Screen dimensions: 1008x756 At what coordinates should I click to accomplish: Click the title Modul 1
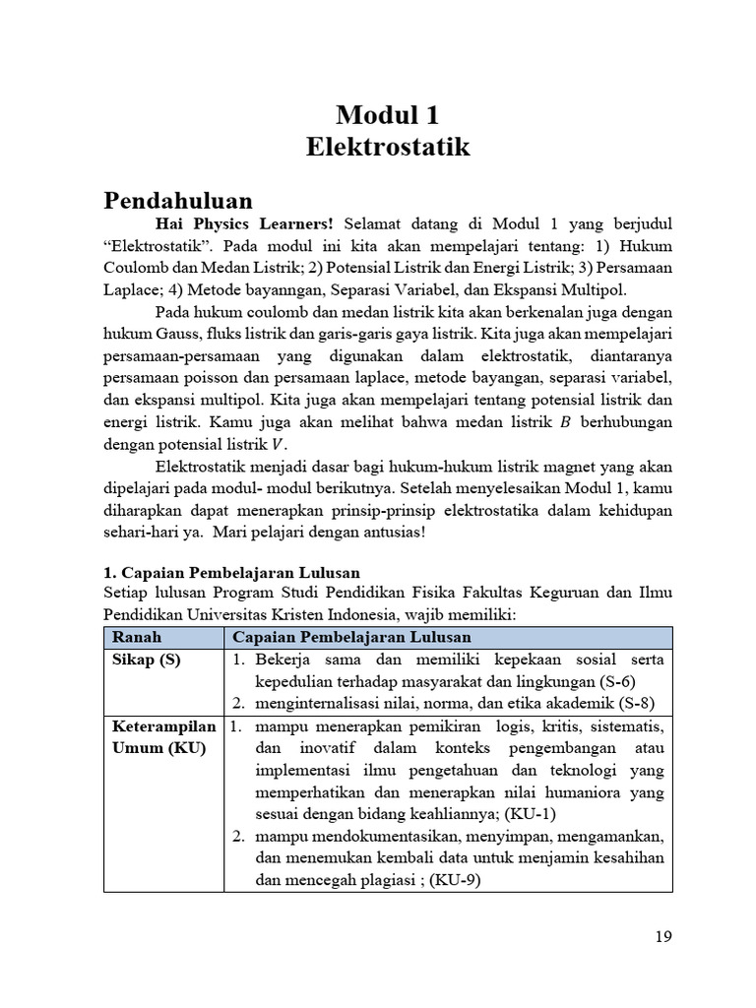[x=387, y=115]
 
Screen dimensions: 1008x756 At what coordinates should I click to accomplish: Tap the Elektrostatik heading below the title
[x=387, y=148]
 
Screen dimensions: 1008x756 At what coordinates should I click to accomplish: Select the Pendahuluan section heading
[x=178, y=201]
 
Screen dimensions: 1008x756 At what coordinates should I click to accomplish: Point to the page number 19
[x=662, y=936]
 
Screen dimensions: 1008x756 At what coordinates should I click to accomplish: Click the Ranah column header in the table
[x=137, y=637]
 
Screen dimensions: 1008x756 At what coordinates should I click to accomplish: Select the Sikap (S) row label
[x=147, y=660]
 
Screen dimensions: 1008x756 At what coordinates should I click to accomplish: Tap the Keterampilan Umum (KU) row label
[x=163, y=737]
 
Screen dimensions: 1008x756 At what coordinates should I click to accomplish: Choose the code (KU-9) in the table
[x=454, y=881]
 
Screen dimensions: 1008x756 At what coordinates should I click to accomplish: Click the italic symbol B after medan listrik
[x=565, y=422]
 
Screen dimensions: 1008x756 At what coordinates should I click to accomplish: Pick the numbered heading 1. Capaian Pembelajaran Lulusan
[x=231, y=572]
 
